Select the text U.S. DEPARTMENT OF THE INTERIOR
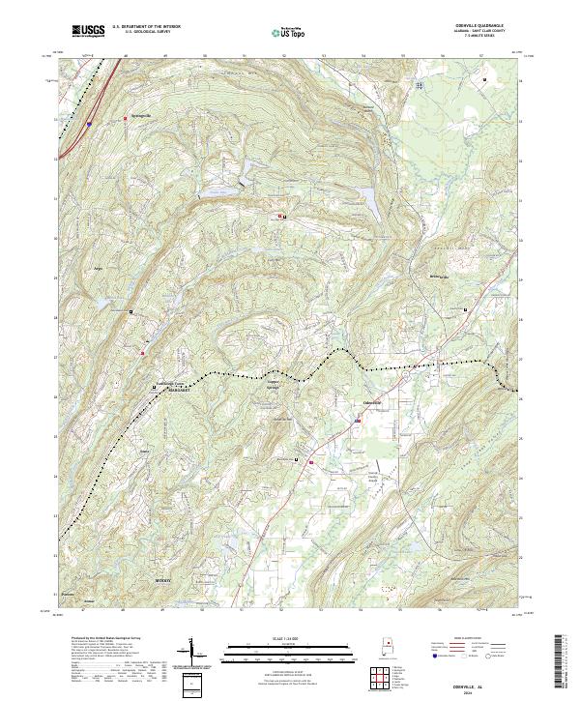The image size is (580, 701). click(146, 27)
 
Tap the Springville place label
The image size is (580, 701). click(141, 119)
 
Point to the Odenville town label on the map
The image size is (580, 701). click(371, 402)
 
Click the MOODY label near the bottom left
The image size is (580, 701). click(162, 580)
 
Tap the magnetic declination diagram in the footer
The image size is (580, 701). click(202, 654)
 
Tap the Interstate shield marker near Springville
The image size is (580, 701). click(89, 124)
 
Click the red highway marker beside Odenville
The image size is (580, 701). click(356, 421)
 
